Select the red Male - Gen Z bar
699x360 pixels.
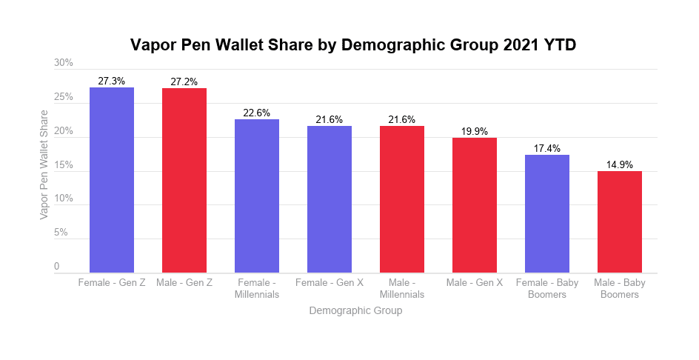point(184,181)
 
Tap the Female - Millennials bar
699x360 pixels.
point(257,196)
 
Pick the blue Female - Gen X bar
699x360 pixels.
point(330,199)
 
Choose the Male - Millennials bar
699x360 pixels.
point(402,199)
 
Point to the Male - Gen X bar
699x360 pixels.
point(475,205)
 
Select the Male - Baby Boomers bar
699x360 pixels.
point(620,222)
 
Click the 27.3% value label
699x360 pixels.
point(112,81)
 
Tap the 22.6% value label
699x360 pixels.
point(257,113)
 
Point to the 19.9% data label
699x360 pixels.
point(475,132)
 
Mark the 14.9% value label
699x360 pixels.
point(620,165)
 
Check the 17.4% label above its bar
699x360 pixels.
point(547,149)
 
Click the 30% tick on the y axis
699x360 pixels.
point(64,64)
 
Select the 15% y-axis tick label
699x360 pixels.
point(64,165)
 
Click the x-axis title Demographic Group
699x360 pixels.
point(355,310)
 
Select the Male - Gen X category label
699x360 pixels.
point(475,283)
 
